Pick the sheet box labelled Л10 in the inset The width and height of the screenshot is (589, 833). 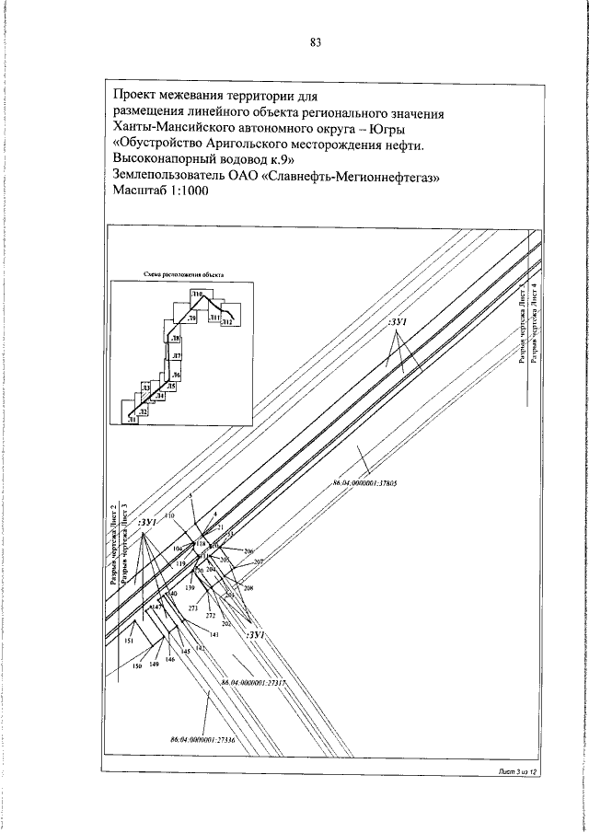tap(197, 293)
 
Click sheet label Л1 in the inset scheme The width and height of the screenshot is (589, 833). tap(133, 419)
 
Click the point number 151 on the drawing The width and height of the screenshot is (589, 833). tap(130, 641)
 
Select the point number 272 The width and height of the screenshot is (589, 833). tap(211, 616)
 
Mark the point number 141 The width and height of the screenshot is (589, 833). tap(214, 635)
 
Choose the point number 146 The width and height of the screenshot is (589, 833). tap(170, 659)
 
